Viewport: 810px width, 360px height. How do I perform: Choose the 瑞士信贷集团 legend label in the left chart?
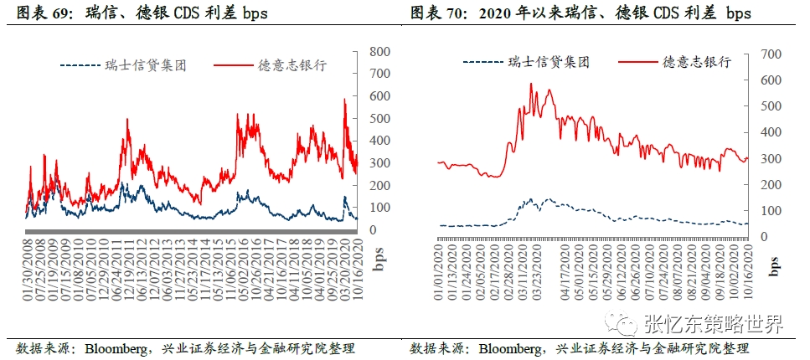tap(147, 65)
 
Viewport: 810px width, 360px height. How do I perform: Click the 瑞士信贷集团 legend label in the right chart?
tap(549, 62)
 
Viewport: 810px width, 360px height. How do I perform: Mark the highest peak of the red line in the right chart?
tap(531, 84)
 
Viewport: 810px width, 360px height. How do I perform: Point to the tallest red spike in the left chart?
tap(344, 100)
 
